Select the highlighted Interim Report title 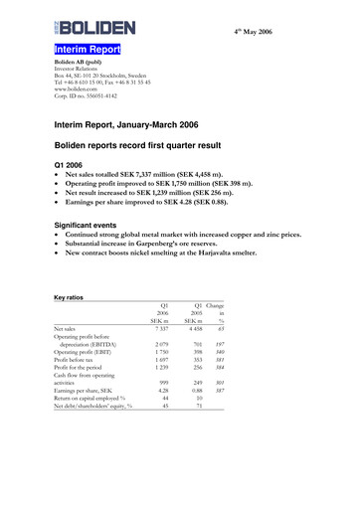[88, 49]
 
